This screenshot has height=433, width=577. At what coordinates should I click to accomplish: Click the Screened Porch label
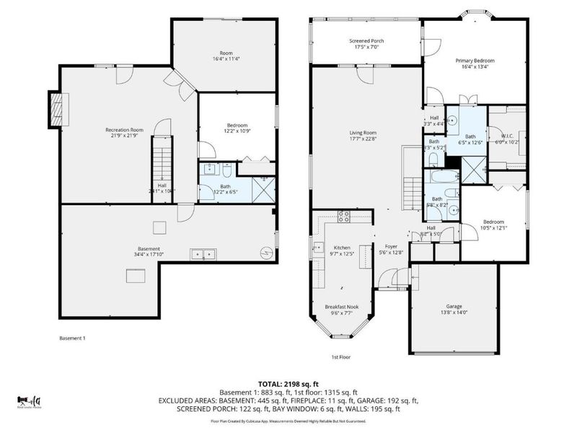click(366, 41)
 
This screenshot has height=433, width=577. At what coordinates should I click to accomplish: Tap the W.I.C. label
click(506, 134)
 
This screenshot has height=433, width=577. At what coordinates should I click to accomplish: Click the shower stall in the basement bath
click(264, 188)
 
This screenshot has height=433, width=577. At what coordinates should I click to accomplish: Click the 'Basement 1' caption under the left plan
click(74, 338)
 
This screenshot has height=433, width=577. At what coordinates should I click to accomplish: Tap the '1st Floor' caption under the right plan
click(341, 357)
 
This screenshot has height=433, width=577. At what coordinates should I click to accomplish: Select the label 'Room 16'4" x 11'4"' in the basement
click(226, 57)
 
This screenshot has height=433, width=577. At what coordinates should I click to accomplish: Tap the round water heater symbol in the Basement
click(267, 253)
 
